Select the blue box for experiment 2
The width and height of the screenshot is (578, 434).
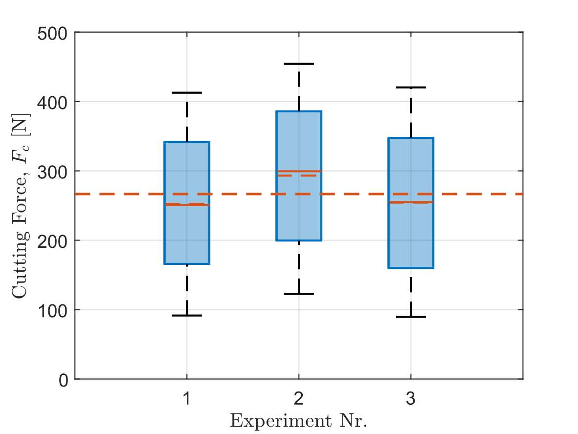tap(299, 215)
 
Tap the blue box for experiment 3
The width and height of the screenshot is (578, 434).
tap(411, 235)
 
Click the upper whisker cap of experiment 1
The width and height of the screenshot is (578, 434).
tap(187, 92)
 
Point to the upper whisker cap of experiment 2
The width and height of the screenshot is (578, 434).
tap(299, 64)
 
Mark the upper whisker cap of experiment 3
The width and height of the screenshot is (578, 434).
tap(411, 87)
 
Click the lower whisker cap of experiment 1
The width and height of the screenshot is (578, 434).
tap(187, 315)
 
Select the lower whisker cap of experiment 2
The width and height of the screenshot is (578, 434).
tap(299, 294)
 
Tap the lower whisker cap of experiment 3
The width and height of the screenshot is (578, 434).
tap(411, 317)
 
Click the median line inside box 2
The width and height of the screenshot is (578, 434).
tap(299, 171)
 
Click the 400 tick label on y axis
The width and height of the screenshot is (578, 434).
tap(55, 102)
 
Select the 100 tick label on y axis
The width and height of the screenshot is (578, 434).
tap(55, 310)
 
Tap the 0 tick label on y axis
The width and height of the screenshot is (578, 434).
tap(64, 379)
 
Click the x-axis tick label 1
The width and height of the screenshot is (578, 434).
tap(187, 399)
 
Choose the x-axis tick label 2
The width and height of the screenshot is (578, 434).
tap(299, 399)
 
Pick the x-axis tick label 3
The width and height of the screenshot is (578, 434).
tap(411, 399)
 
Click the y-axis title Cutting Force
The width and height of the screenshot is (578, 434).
tap(21, 235)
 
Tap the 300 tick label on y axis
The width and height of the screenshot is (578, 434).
tap(55, 171)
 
